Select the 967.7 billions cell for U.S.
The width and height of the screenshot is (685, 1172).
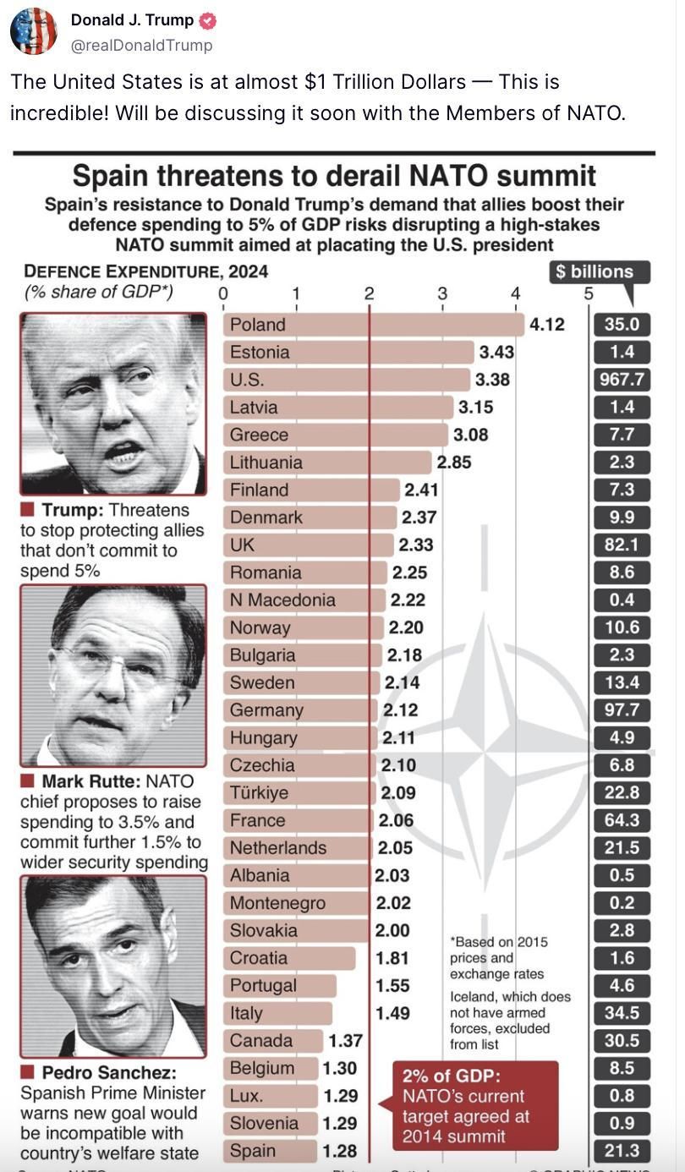(x=622, y=380)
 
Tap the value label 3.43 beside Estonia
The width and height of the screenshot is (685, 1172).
(x=496, y=352)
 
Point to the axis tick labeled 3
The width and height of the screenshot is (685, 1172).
(x=442, y=294)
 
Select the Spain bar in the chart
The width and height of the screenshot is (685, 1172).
(x=271, y=1151)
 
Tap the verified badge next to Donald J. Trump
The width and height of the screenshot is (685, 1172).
(x=207, y=20)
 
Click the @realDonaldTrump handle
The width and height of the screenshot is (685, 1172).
(x=141, y=45)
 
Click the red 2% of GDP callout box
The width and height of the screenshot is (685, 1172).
(x=475, y=1105)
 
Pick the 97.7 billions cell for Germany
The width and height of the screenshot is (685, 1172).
(x=622, y=710)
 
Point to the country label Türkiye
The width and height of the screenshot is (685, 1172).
(x=259, y=793)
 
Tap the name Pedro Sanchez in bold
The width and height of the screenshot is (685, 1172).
(x=109, y=1073)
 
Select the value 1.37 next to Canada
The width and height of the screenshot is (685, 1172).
(x=345, y=1041)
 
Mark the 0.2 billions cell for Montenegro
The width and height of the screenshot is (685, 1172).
(x=622, y=903)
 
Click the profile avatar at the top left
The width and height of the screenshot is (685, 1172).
(x=34, y=31)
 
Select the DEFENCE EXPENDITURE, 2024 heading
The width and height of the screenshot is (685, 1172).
(x=146, y=271)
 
